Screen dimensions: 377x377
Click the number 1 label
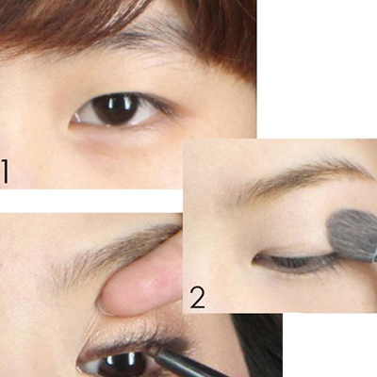coord(5,172)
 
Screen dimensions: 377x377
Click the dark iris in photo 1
coord(116,109)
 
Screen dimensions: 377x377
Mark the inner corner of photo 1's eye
coord(72,121)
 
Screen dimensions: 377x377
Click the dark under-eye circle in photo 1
coord(113,151)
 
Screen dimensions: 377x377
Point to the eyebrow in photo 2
coord(302,177)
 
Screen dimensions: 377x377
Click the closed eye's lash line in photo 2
coord(295,263)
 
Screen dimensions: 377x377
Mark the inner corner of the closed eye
coord(254,258)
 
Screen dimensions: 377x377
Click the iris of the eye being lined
coord(123,366)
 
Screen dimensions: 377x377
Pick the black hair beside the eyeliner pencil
coord(257,346)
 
